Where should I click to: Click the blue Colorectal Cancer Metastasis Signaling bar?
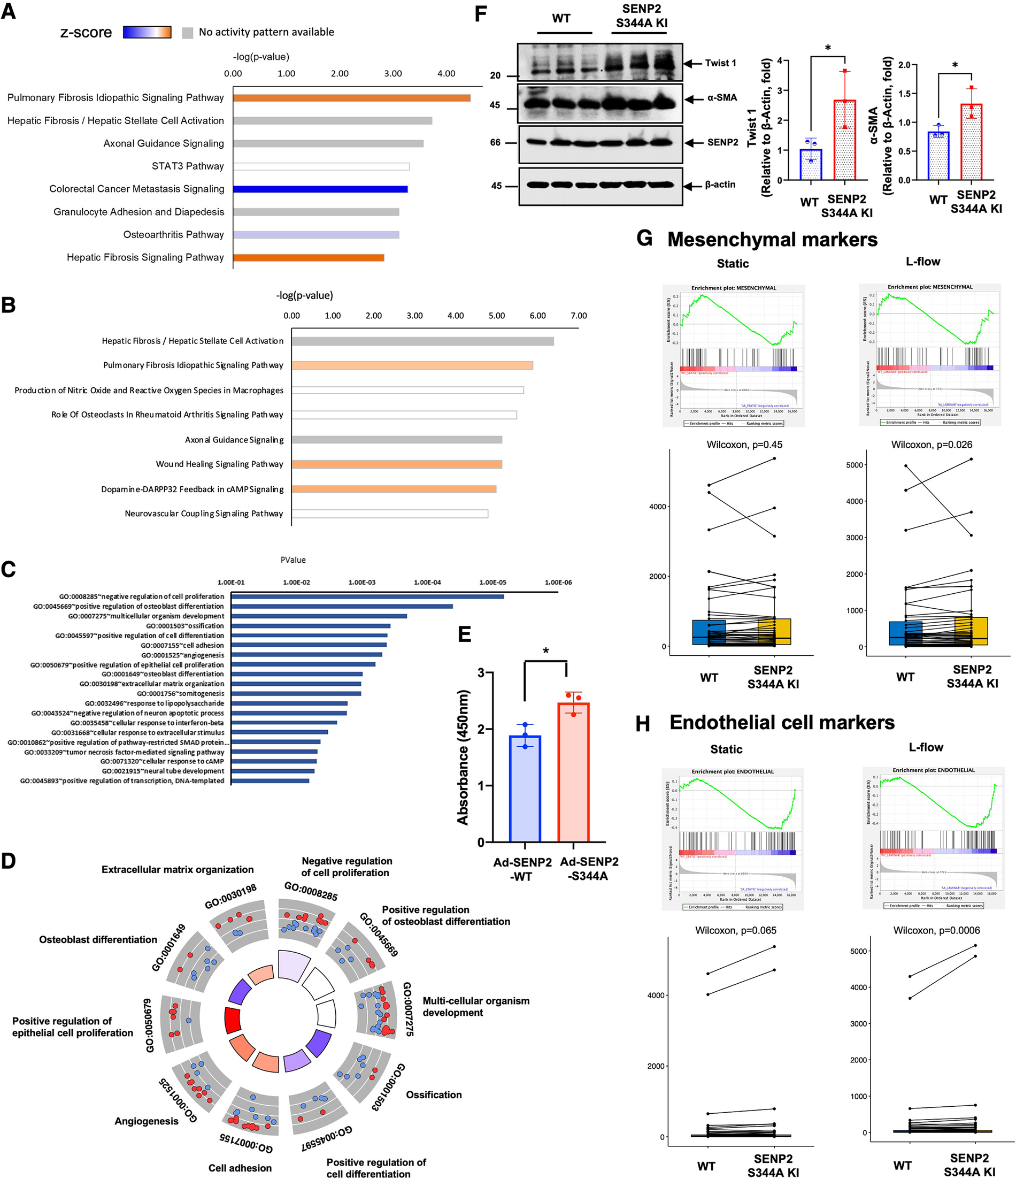pos(320,189)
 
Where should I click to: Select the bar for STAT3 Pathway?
pos(321,166)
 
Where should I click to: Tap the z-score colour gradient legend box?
pos(147,32)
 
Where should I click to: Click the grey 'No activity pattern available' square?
pos(188,33)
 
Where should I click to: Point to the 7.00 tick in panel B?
pos(579,316)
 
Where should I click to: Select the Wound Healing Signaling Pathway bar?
pos(396,464)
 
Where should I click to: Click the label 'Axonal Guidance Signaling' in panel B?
pos(234,440)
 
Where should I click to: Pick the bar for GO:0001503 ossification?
pos(311,626)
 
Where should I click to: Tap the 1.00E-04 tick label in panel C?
pos(427,582)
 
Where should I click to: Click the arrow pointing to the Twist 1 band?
pos(692,63)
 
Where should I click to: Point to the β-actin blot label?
pos(720,185)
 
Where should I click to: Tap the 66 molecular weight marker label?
pos(495,142)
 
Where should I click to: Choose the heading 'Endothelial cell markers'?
pos(782,722)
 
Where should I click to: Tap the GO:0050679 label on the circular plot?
pos(149,1025)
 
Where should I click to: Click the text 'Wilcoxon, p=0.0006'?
pos(936,930)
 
